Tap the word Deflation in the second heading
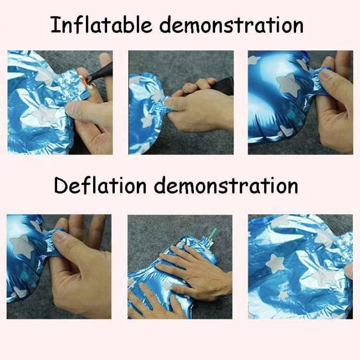(99, 185)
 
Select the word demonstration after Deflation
(225, 185)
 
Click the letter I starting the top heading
(54, 25)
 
